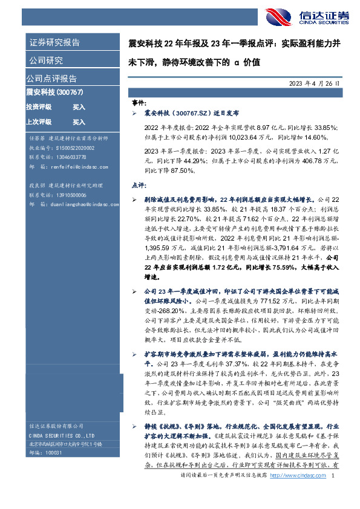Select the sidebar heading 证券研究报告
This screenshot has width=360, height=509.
pos(54,42)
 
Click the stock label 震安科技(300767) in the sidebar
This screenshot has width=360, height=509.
pos(54,92)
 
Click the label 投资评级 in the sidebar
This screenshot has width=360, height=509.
pos(39,107)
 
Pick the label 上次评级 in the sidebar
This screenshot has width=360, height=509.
pos(39,122)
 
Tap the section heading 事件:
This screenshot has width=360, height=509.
pos(139,103)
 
